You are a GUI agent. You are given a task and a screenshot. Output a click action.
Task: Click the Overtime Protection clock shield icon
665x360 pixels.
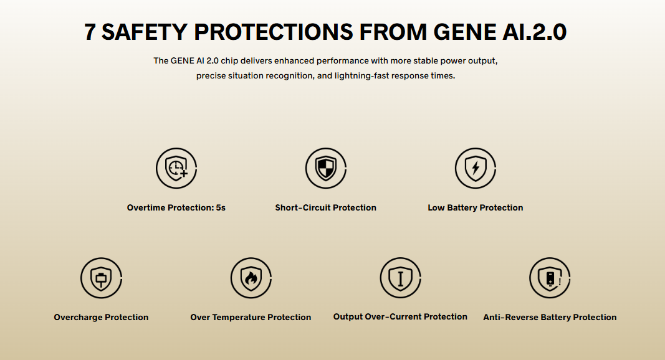176,168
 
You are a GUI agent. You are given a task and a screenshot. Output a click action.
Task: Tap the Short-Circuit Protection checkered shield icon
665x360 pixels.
326,168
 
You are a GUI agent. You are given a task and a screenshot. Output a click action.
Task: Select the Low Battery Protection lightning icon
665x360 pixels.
476,168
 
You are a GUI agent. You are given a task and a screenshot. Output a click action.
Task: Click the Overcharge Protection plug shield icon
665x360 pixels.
102,278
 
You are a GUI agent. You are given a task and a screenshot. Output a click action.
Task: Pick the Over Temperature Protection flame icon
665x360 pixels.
251,278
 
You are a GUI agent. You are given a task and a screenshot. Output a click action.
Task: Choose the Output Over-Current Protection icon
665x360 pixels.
400,278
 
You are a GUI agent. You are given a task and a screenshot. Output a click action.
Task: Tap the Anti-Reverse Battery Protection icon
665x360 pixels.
550,278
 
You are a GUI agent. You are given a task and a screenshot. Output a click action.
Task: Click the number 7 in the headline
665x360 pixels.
90,32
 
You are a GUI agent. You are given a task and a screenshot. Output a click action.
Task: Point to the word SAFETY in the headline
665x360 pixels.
144,32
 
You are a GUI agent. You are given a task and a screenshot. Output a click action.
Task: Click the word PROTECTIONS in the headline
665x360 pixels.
274,32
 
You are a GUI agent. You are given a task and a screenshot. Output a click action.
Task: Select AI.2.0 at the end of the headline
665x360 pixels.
534,32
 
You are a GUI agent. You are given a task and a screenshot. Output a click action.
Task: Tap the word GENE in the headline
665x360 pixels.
464,32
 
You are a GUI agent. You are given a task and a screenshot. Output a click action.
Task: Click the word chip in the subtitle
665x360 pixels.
229,61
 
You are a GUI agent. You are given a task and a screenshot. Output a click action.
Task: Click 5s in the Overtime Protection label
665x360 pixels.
221,208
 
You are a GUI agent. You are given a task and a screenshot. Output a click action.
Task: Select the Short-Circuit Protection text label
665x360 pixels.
326,208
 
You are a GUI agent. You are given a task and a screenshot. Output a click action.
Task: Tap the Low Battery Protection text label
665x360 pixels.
476,208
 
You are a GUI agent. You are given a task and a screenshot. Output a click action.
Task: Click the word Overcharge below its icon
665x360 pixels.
78,318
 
